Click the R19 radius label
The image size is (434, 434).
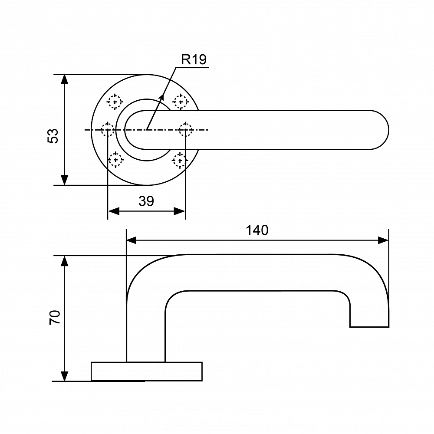[x=194, y=59]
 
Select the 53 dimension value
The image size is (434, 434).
[x=53, y=135]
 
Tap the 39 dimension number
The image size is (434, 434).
[x=146, y=201]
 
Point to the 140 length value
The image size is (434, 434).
[x=257, y=230]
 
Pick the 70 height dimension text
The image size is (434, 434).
[x=55, y=317]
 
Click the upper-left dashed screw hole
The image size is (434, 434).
[x=114, y=102]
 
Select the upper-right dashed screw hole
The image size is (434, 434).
[x=181, y=102]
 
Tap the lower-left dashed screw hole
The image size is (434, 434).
[x=115, y=160]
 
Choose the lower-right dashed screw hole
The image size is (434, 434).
[x=180, y=160]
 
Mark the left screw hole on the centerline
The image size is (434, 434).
[x=107, y=130]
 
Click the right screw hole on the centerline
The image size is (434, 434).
[x=185, y=130]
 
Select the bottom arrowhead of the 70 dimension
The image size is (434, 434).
[x=64, y=376]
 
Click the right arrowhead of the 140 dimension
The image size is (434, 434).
[x=383, y=240]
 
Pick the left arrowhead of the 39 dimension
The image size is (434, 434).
[x=113, y=211]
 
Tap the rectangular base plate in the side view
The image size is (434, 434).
[x=147, y=372]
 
